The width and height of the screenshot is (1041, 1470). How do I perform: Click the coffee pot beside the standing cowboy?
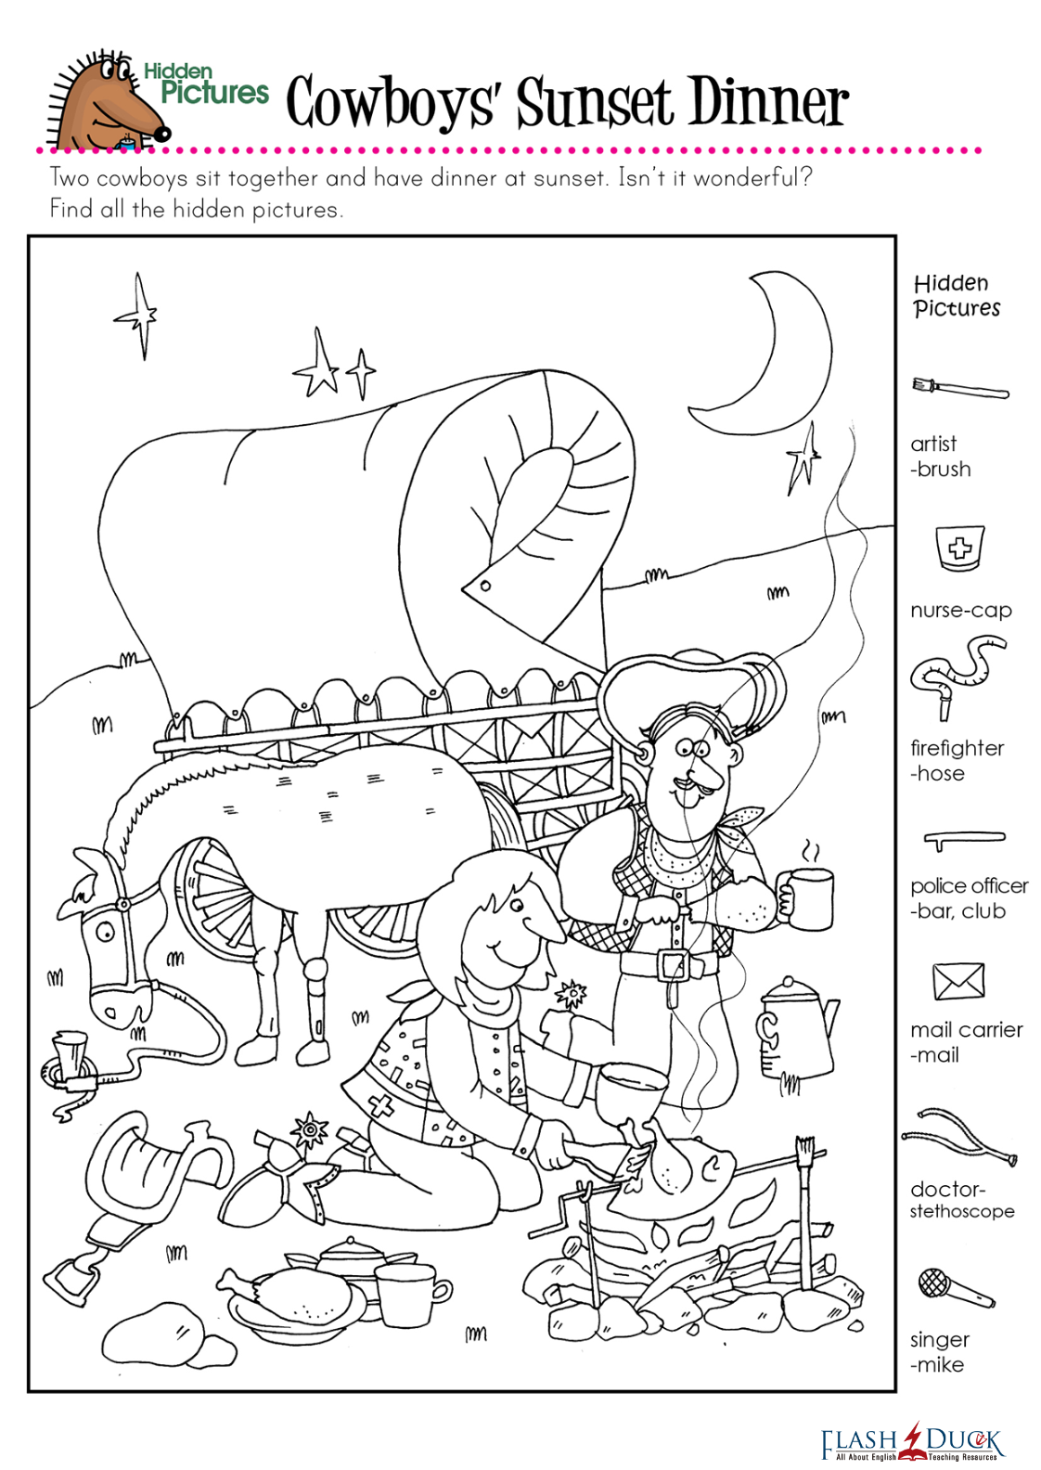click(793, 1030)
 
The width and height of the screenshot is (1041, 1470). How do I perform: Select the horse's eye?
click(105, 931)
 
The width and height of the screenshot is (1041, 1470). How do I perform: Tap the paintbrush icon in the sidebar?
click(960, 389)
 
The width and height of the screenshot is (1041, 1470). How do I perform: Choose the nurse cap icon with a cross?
click(960, 548)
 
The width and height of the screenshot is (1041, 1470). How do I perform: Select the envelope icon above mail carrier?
click(958, 981)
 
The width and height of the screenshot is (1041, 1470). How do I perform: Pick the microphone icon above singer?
click(954, 1287)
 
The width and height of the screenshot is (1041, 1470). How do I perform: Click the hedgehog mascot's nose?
click(162, 134)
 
